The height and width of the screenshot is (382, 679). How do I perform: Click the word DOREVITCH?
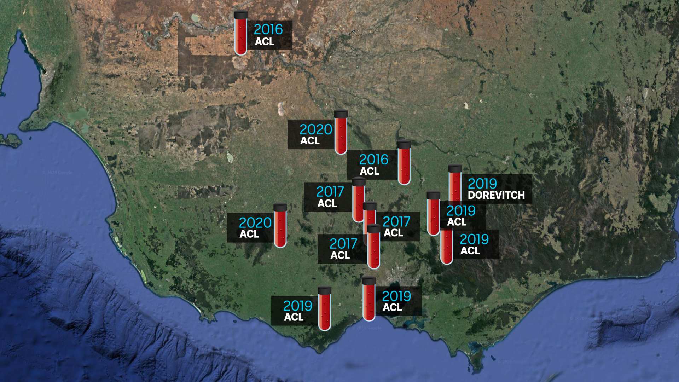(x=496, y=195)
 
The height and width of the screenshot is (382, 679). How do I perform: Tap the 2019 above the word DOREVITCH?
(x=482, y=184)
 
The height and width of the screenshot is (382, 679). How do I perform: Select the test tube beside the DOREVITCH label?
(x=455, y=182)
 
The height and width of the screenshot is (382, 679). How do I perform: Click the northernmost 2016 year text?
(x=268, y=29)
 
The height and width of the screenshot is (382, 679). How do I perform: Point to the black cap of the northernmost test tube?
(x=240, y=15)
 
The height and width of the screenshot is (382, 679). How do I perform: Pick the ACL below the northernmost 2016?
(x=265, y=42)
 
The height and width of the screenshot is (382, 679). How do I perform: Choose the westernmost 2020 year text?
(x=255, y=223)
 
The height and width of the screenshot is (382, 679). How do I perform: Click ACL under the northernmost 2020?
(x=310, y=141)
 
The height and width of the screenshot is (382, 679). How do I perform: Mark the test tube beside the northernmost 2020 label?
(x=341, y=132)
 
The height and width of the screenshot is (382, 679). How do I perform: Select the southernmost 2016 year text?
(x=373, y=160)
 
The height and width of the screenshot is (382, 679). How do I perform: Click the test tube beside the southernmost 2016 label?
(x=404, y=162)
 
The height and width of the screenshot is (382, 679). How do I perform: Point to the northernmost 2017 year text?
(x=330, y=192)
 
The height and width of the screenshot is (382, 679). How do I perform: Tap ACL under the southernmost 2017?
(x=340, y=255)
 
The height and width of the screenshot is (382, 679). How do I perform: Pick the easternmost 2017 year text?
(x=396, y=222)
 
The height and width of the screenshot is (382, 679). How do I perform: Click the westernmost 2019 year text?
(x=297, y=306)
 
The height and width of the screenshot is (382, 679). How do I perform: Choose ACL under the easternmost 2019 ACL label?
(x=470, y=251)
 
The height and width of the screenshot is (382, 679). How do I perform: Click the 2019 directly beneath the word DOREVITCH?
(x=461, y=211)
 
